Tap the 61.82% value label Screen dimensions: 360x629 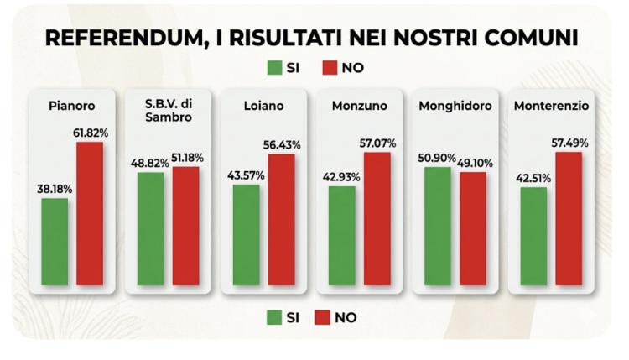(x=91, y=133)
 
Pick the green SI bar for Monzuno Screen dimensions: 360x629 (x=341, y=237)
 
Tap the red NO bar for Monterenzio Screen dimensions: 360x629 (x=569, y=220)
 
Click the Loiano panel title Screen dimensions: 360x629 (x=263, y=107)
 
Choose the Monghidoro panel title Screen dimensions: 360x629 (x=455, y=107)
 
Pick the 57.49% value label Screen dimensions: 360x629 (x=569, y=143)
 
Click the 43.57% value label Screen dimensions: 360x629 (x=246, y=175)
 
